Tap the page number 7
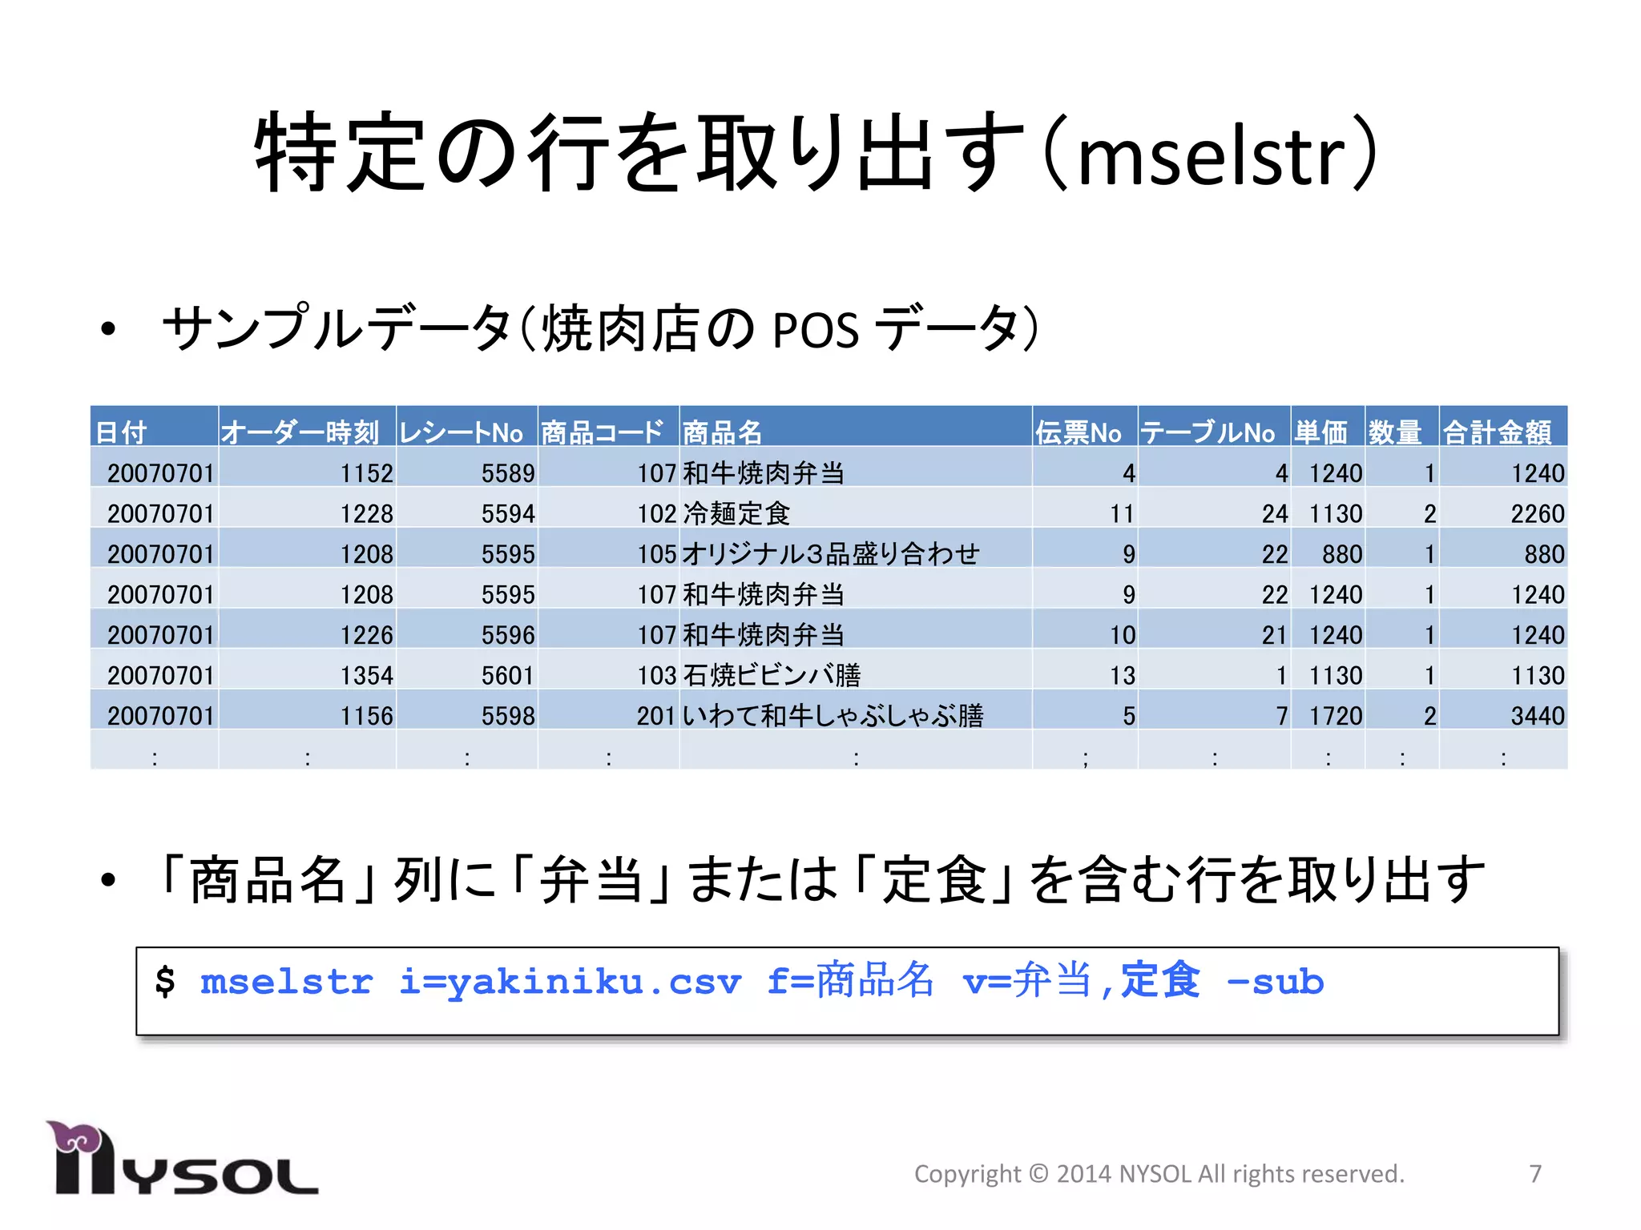coord(1534,1174)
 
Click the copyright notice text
coord(1159,1174)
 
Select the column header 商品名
coord(722,432)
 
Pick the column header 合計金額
coord(1497,432)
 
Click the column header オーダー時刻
coord(300,432)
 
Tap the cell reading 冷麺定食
coord(736,513)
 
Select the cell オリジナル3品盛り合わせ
coord(831,554)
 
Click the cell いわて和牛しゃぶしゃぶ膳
coord(833,716)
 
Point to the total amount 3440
coord(1537,716)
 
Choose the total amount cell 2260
coord(1537,513)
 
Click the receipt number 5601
coord(507,676)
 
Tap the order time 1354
coord(366,676)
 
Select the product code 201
coord(655,716)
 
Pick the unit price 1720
coord(1335,716)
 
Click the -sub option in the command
coord(1275,982)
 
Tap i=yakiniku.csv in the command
coord(571,982)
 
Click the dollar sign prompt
coord(165,982)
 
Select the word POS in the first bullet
coord(815,329)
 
